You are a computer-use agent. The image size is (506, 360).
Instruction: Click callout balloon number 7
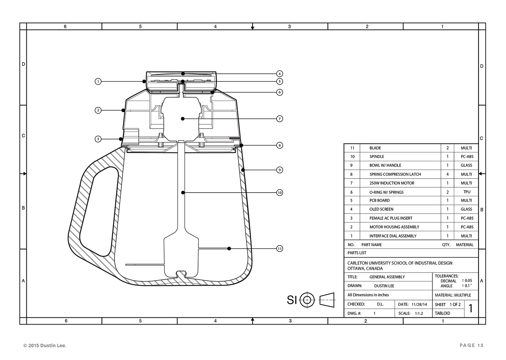279,119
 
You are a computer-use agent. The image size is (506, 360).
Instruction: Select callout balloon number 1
98,81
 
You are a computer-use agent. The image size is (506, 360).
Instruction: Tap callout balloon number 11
279,249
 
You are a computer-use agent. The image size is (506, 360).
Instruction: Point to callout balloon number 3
98,139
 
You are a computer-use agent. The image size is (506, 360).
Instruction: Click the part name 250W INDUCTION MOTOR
392,183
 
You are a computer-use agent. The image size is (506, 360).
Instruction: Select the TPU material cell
466,192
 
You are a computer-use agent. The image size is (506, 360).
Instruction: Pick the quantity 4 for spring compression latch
447,174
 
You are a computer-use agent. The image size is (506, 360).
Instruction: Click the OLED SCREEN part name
381,209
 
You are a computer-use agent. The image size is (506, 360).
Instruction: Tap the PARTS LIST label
357,253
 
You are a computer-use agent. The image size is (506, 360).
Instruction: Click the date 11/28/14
419,305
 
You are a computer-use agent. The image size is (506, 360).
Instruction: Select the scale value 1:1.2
419,313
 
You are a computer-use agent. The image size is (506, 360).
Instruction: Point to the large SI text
292,300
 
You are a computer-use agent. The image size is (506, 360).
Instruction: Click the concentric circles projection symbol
307,300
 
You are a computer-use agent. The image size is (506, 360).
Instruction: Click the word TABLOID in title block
442,313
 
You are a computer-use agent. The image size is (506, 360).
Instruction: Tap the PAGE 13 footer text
471,346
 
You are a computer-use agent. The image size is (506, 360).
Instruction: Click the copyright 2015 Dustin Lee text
45,346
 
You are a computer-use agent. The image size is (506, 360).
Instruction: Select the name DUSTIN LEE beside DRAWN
384,286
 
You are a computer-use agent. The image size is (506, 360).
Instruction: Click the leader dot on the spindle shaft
183,193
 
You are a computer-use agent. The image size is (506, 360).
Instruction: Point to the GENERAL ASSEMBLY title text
387,277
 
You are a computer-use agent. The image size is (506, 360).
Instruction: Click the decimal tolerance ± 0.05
467,280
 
